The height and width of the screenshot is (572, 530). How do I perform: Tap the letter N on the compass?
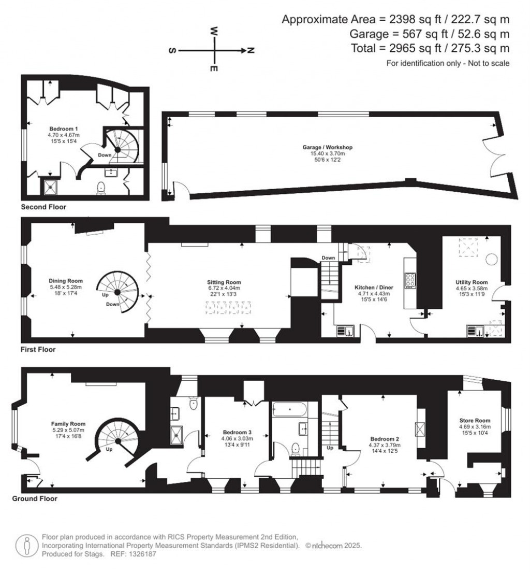(251, 51)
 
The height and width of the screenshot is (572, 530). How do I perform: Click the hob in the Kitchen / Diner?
(410, 280)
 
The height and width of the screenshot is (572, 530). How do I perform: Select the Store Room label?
(475, 420)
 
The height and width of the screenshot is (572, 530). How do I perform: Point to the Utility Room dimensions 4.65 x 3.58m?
(468, 289)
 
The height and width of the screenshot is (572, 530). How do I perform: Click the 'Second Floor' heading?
(43, 207)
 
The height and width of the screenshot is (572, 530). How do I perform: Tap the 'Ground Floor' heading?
(35, 499)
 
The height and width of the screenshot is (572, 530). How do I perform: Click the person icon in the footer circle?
(26, 545)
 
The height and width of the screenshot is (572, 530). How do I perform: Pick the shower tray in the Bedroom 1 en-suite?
(51, 187)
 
